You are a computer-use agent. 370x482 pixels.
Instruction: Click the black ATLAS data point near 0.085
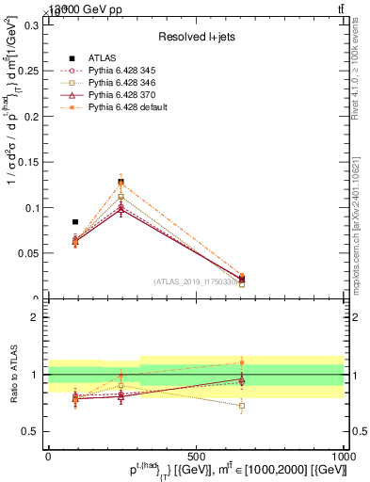[x=75, y=222]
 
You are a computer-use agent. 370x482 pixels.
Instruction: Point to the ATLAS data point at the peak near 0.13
[x=121, y=182]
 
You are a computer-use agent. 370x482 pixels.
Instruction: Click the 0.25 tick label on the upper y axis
[x=27, y=71]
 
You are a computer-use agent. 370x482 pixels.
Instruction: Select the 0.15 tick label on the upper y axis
[x=27, y=162]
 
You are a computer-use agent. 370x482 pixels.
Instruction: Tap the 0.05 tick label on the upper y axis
[x=27, y=253]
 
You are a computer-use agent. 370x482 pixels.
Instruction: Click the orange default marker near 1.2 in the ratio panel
[x=242, y=362]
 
